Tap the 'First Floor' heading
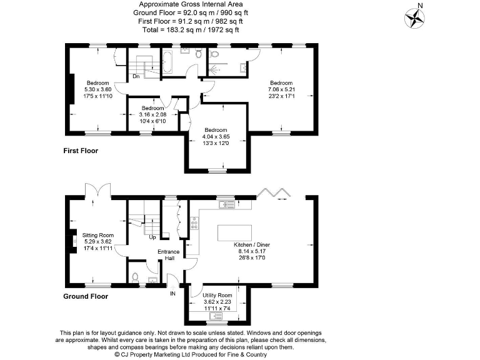tap(81, 151)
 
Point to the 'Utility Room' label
tap(217, 294)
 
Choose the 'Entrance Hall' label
tap(168, 255)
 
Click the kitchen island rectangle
tap(234, 232)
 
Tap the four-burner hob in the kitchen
tap(194, 222)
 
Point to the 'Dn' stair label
tap(136, 76)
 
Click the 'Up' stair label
tap(152, 237)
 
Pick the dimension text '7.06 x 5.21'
tap(281, 90)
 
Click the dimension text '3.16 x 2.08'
tap(152, 115)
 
